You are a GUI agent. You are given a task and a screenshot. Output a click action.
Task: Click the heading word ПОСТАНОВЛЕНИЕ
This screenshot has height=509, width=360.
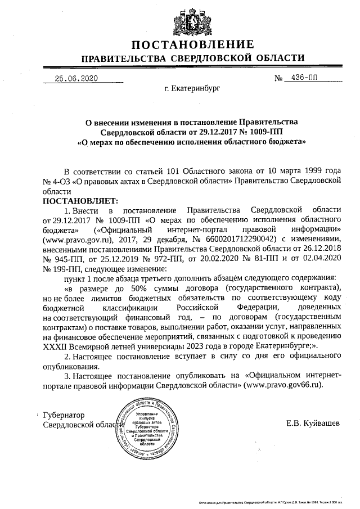193,44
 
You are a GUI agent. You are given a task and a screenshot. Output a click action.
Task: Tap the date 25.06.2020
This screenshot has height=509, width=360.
72,78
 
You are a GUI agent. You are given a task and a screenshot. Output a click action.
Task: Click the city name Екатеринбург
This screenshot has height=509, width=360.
192,88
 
